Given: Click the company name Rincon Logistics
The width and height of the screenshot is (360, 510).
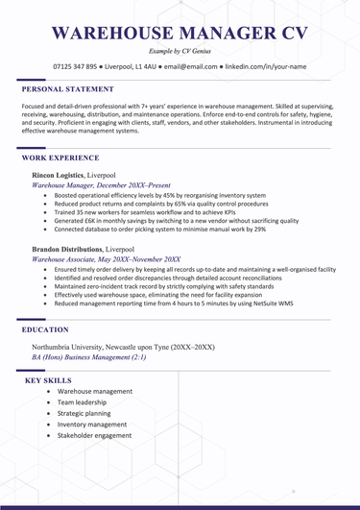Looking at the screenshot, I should coord(57,177).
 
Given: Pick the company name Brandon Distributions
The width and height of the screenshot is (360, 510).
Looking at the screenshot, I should coord(67,248).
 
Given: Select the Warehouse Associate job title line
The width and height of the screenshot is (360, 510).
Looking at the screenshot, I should coord(106,259).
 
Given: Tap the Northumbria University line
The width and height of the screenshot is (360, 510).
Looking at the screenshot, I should coord(123,346).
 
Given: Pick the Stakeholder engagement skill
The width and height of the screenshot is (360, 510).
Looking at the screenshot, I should coord(94,435).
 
